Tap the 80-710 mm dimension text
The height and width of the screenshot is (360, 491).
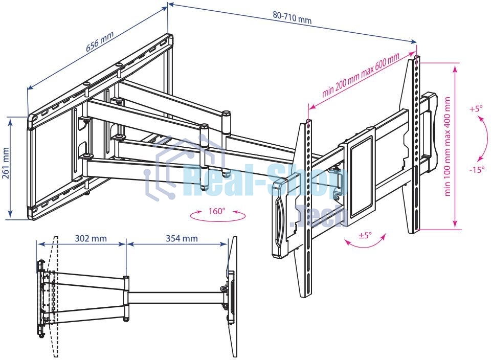(292, 18)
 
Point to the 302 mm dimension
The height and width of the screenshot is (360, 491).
(91, 238)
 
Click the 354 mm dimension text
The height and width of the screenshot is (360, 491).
(182, 238)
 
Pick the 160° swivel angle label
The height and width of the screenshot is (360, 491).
(217, 211)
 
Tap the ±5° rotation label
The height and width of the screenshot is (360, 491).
(365, 235)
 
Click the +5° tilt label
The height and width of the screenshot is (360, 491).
(476, 108)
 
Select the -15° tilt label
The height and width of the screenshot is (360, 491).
(477, 169)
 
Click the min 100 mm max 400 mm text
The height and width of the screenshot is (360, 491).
(448, 146)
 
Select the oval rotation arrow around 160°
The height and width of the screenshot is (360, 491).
(218, 215)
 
